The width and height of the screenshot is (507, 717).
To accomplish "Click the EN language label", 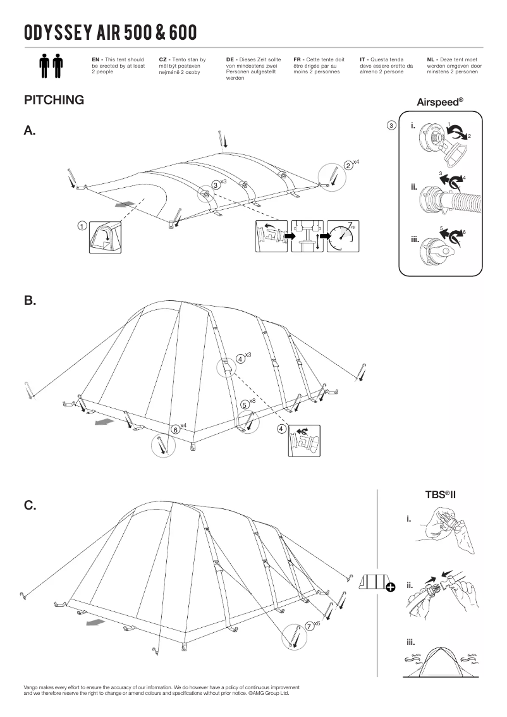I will (x=97, y=59).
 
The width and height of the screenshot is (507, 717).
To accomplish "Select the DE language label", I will (x=231, y=59).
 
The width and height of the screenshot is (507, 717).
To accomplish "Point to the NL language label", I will (x=432, y=59).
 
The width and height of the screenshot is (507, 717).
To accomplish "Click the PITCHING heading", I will (x=54, y=101).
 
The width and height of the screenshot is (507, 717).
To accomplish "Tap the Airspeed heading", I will (x=440, y=101).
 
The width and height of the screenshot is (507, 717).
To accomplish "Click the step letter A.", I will (x=30, y=131).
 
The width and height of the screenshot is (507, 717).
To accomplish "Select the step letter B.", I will (x=30, y=301).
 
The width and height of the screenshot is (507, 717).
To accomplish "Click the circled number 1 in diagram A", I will (x=82, y=226).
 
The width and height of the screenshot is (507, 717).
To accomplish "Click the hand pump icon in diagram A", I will (x=307, y=236).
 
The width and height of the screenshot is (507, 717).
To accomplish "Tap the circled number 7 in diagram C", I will (x=309, y=625).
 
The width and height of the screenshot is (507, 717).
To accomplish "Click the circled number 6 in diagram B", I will (x=175, y=429).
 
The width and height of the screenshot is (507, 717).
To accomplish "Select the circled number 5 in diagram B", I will (x=245, y=404).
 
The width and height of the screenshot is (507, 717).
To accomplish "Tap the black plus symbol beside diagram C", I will (x=391, y=587).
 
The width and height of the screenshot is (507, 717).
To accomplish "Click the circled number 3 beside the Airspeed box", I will (x=392, y=125).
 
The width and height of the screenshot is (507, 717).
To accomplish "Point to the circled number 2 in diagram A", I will (x=348, y=166).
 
